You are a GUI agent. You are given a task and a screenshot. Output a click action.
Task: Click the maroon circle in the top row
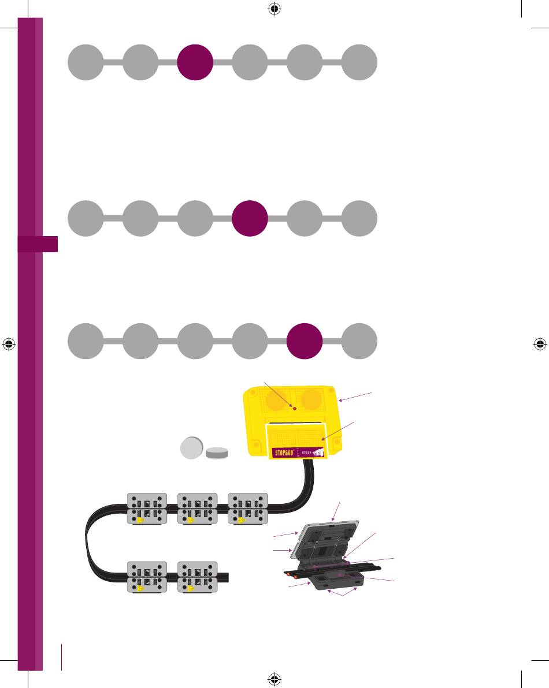point(195,62)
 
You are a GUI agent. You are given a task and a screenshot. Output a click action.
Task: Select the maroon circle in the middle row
point(249,219)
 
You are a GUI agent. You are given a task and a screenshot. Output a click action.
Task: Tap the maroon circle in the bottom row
point(305,341)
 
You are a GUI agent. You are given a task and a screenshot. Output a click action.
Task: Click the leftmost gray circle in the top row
point(86,62)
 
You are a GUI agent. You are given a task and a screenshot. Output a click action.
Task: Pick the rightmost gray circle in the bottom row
point(359,341)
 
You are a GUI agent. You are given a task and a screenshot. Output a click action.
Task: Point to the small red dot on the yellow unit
point(294,408)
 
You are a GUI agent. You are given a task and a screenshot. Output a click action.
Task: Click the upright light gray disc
point(191,448)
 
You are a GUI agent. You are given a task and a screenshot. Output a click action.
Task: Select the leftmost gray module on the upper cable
point(147,509)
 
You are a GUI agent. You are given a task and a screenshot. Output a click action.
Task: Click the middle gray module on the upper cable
point(198,509)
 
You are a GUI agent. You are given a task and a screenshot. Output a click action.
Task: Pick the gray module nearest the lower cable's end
point(198,577)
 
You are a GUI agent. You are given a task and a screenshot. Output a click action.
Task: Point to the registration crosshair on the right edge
point(539,344)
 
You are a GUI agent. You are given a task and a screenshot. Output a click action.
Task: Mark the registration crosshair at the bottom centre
point(274,679)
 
